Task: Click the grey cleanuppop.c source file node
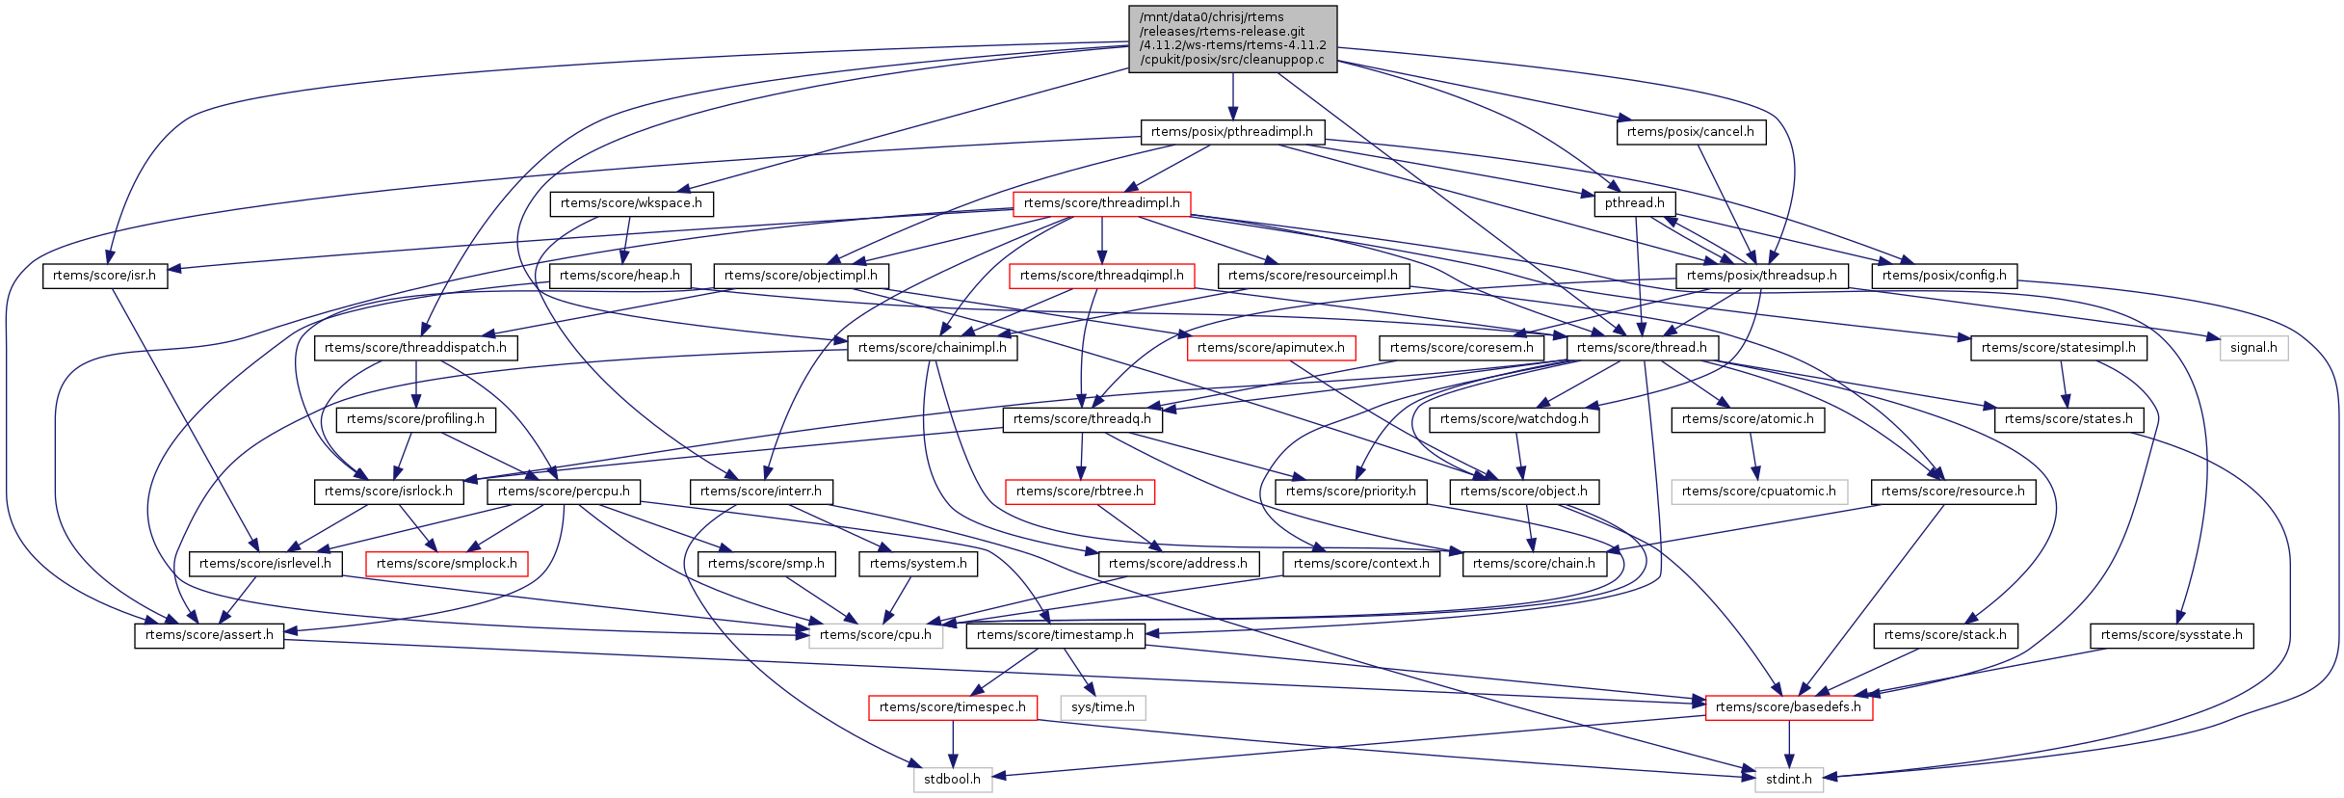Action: (x=1232, y=39)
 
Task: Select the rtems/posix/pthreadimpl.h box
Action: (x=1232, y=132)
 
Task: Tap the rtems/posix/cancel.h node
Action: (x=1691, y=132)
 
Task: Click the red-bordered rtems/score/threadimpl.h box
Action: (x=1101, y=203)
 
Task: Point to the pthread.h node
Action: (x=1635, y=203)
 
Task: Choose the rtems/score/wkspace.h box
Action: (x=631, y=203)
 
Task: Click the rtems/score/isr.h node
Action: (x=104, y=276)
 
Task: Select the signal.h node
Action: (x=2253, y=348)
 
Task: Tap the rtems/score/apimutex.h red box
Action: (x=1271, y=348)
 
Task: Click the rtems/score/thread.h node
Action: (x=1642, y=348)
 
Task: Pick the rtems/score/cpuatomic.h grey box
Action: (x=1759, y=492)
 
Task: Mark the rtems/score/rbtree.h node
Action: (x=1080, y=492)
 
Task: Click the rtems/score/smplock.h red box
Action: (x=447, y=564)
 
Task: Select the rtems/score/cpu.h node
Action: (x=876, y=635)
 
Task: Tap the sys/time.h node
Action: (x=1103, y=707)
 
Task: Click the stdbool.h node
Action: (x=952, y=780)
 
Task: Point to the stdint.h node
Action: (x=1789, y=780)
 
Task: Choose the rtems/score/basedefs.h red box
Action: (x=1788, y=707)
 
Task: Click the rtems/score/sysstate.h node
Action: (x=2172, y=635)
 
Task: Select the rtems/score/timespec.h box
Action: (x=953, y=707)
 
